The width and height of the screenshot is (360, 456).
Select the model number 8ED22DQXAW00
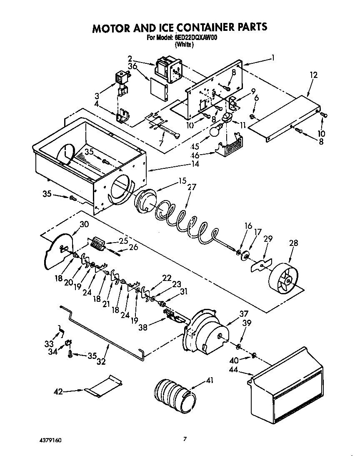pyautogui.click(x=195, y=37)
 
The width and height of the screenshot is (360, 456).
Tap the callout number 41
pyautogui.click(x=210, y=381)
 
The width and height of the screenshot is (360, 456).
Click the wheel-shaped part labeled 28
pyautogui.click(x=285, y=278)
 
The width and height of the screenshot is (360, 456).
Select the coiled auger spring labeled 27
pyautogui.click(x=183, y=221)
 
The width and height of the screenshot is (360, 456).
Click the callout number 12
pyautogui.click(x=313, y=75)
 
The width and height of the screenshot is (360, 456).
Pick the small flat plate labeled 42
pyautogui.click(x=102, y=384)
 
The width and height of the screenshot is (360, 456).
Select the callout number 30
pyautogui.click(x=84, y=224)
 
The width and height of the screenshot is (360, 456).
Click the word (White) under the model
pyautogui.click(x=184, y=45)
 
